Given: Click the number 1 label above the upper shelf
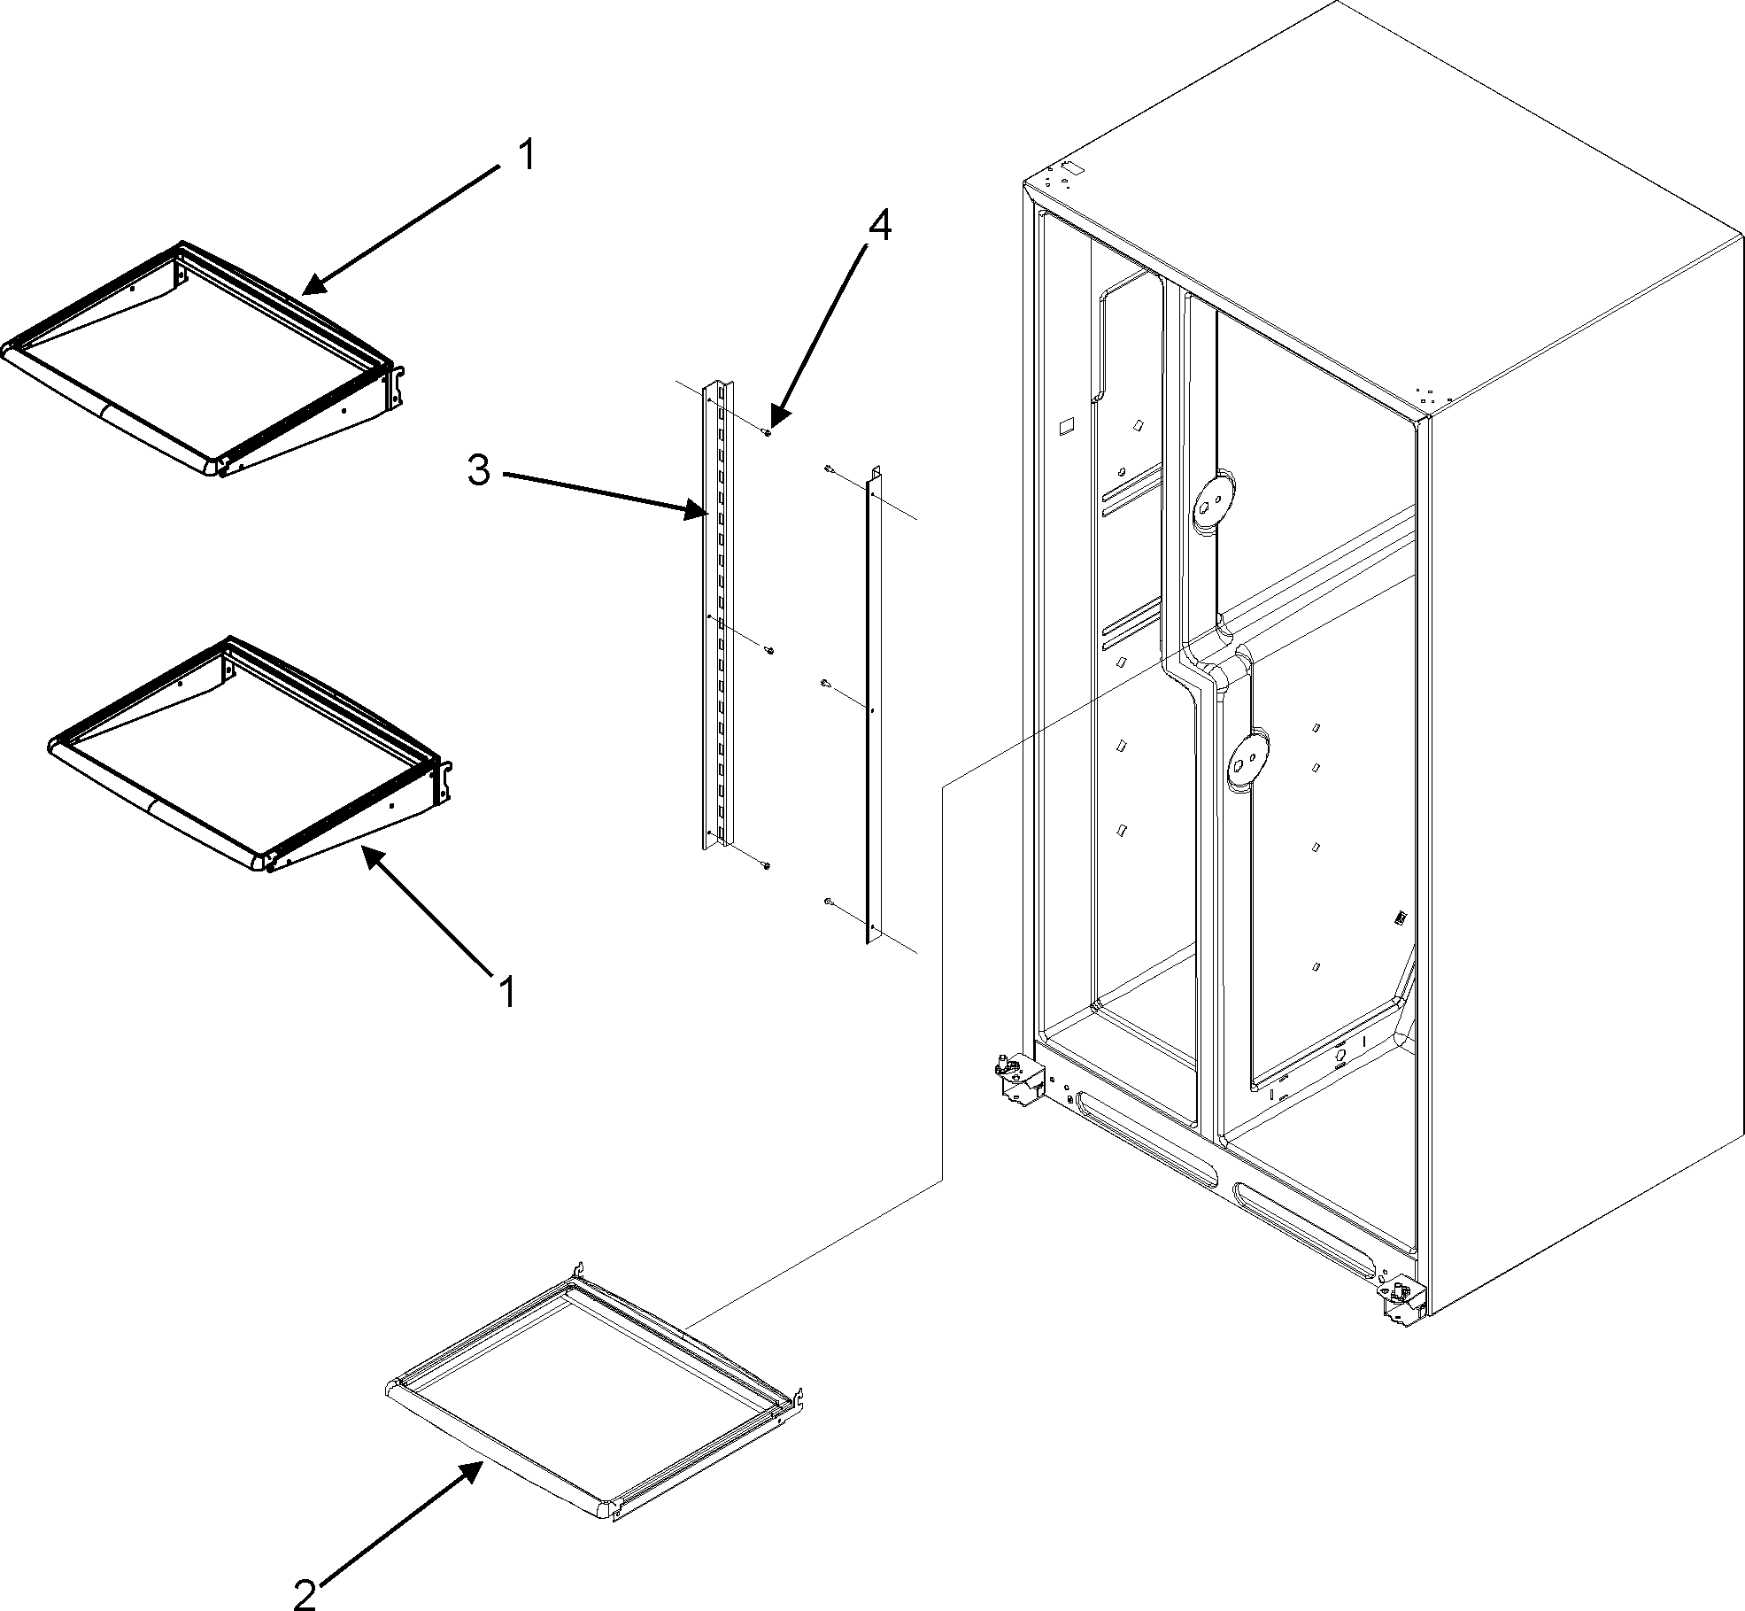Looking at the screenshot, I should [x=526, y=157].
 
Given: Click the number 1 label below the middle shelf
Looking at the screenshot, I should [x=506, y=991].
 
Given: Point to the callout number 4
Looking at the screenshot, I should [x=879, y=227].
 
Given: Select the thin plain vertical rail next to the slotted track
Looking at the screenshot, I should [x=869, y=709].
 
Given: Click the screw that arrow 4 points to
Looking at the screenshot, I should [x=768, y=430].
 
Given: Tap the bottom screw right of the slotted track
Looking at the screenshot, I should [x=767, y=865].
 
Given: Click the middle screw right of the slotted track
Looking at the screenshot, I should [x=769, y=651].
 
